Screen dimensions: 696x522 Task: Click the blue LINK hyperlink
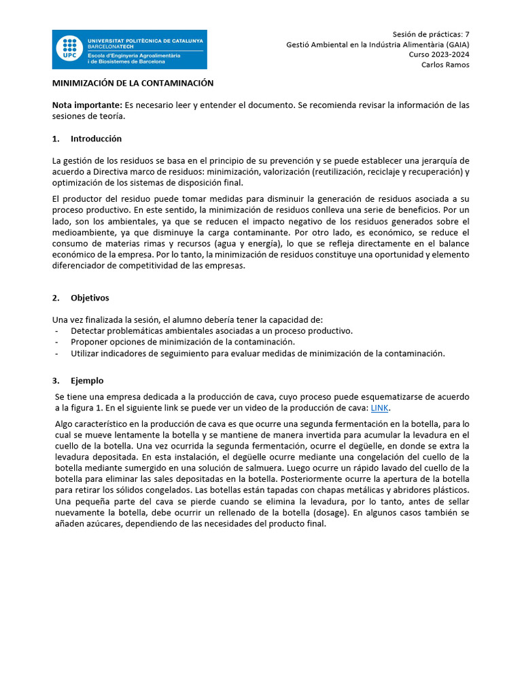(x=380, y=408)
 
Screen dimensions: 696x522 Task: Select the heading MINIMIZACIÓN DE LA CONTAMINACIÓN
(x=133, y=84)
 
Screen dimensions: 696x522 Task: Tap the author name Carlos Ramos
(x=445, y=65)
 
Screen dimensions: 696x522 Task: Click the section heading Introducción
(x=96, y=139)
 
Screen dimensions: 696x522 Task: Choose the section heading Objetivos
(x=90, y=298)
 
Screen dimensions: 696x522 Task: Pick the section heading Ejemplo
(x=87, y=381)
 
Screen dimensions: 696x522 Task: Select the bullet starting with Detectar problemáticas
(x=211, y=331)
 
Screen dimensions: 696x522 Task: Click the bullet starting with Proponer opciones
(x=183, y=342)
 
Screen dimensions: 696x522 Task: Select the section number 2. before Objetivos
(x=56, y=298)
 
